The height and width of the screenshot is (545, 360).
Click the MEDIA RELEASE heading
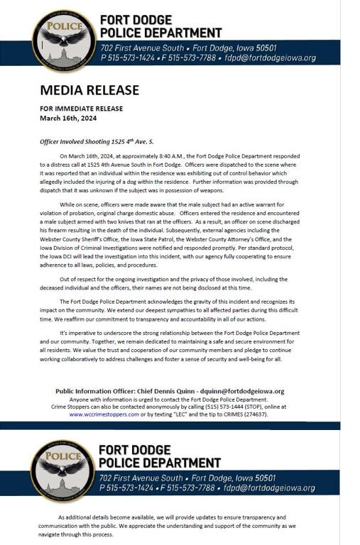(x=89, y=90)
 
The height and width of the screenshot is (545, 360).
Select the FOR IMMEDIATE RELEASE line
(x=81, y=109)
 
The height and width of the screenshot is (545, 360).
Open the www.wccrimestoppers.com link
(x=104, y=414)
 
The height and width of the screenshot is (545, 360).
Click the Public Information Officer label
(x=101, y=391)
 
